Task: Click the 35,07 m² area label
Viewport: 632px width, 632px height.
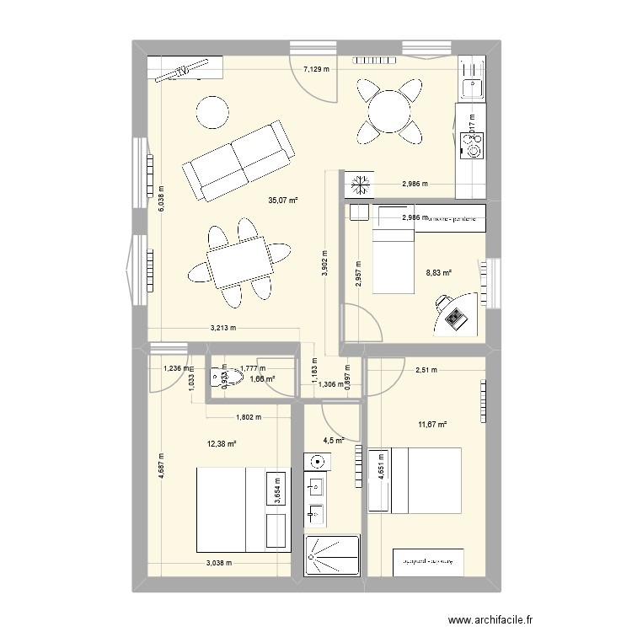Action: (283, 200)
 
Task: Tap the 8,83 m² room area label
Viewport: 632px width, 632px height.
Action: (440, 272)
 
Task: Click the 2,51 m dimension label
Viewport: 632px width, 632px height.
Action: (428, 367)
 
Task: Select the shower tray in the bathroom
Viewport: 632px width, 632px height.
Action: (334, 556)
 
